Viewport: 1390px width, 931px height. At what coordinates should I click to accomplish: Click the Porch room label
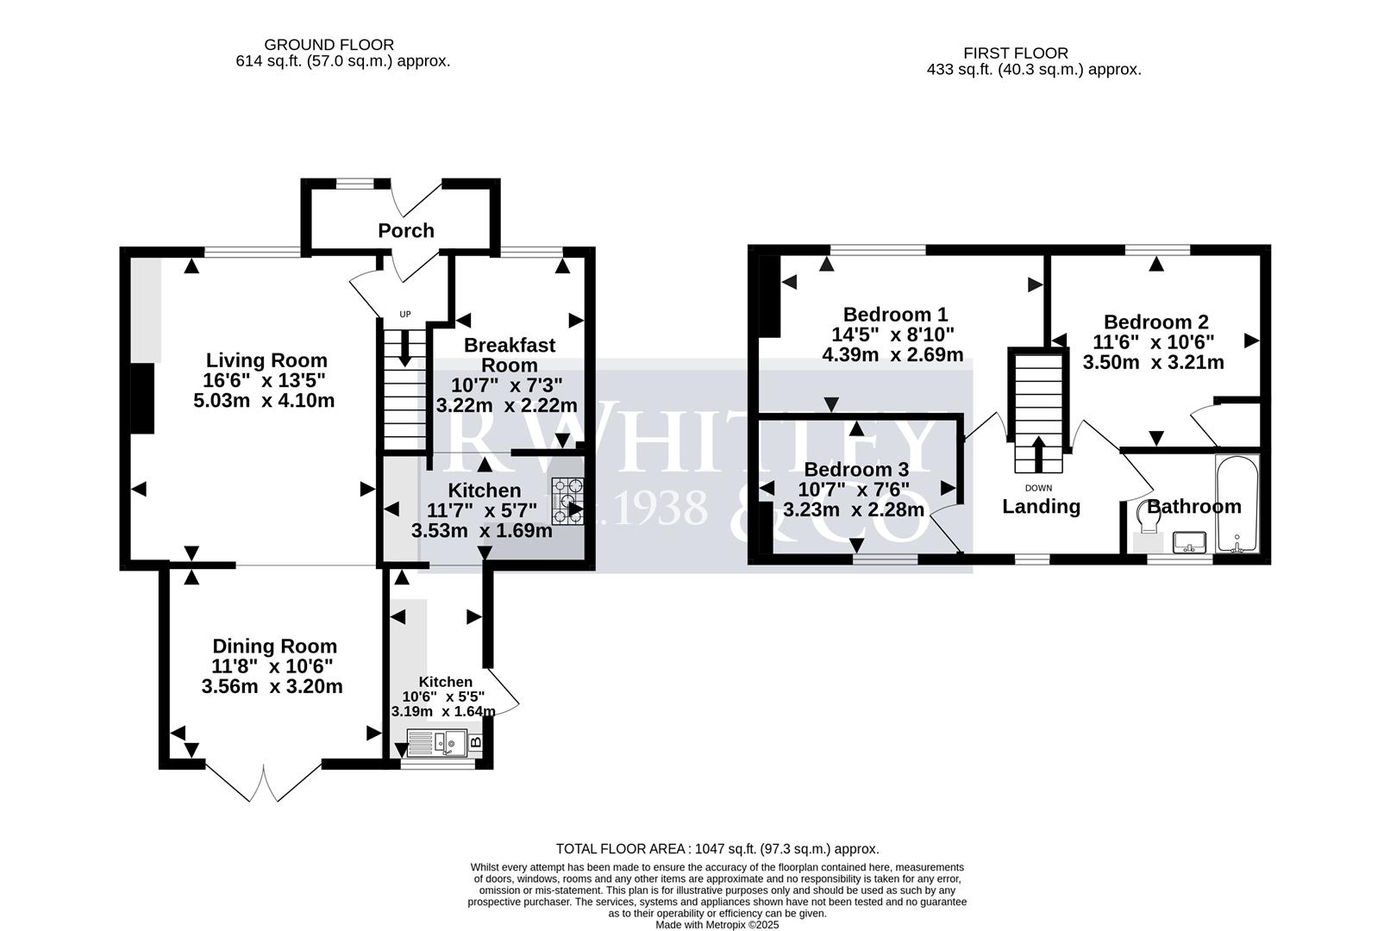tap(405, 230)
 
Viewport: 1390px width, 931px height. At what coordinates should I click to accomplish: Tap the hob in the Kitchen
tap(568, 501)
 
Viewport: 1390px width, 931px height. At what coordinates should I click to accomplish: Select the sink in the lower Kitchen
tap(437, 743)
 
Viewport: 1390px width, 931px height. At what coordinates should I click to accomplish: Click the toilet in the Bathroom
tap(1147, 522)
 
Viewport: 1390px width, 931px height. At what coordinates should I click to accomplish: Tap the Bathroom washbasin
tap(1192, 542)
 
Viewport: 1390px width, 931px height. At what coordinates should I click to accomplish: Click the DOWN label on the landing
tap(1038, 488)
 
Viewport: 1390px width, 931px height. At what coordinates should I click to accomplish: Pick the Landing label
tap(1041, 506)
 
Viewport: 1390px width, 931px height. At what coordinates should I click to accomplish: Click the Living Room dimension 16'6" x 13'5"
tap(266, 380)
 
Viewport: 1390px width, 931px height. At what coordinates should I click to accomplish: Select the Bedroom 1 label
tap(895, 314)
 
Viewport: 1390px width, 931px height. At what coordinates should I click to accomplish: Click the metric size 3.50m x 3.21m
tap(1153, 362)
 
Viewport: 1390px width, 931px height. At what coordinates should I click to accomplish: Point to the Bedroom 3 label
tap(855, 470)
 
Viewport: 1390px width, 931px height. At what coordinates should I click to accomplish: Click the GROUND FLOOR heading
tap(329, 44)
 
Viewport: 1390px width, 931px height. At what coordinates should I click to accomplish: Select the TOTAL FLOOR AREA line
tap(717, 849)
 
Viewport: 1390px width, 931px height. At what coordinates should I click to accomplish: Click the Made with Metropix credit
tap(717, 924)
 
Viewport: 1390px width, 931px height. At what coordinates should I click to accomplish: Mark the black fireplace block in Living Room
tap(142, 398)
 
